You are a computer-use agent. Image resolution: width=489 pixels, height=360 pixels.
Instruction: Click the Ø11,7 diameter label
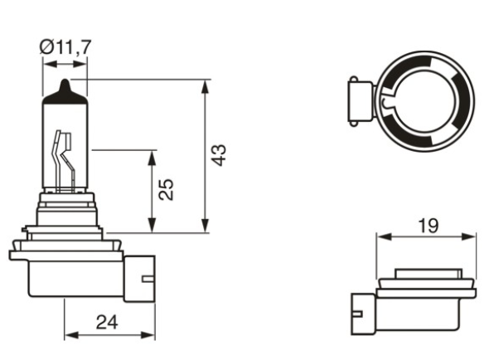(x=64, y=46)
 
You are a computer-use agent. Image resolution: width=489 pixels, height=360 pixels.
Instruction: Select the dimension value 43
(x=218, y=155)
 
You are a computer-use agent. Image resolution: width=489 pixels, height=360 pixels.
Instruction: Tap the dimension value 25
(x=167, y=190)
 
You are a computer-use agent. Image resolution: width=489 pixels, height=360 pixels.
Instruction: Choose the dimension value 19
(x=428, y=224)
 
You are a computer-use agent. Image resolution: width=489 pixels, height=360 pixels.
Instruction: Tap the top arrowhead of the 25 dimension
(x=153, y=155)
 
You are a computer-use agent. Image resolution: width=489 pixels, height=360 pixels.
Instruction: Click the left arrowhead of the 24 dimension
(x=70, y=335)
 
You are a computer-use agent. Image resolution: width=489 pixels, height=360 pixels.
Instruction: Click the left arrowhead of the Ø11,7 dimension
(x=47, y=63)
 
